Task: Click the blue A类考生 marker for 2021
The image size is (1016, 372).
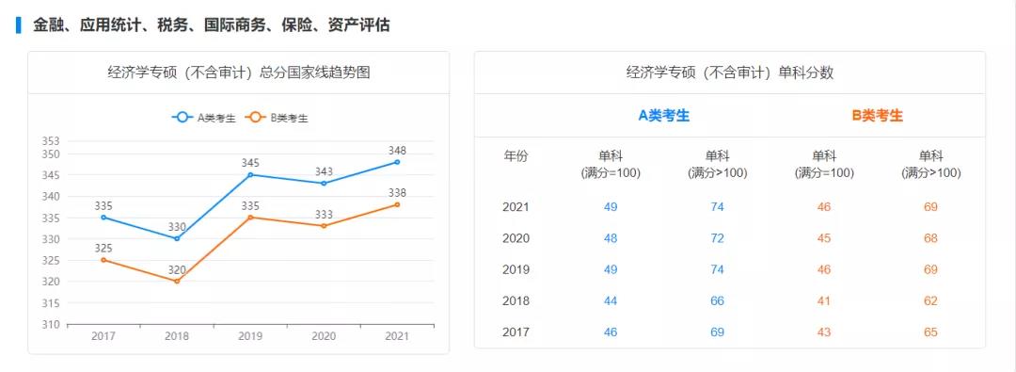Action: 397,162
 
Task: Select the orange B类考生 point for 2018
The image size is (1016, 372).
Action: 177,281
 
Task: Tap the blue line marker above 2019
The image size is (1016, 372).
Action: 250,174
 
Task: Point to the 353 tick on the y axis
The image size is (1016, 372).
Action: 51,141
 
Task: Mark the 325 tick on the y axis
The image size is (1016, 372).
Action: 51,260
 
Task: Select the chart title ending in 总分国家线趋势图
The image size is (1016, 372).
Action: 239,73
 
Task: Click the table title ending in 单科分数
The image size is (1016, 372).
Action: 730,73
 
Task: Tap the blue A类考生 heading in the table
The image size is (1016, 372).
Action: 664,116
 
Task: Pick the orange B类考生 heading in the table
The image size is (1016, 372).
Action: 877,116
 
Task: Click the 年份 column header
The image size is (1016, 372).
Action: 516,156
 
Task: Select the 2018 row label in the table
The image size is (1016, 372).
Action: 516,301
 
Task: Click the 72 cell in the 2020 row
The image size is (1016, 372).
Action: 718,238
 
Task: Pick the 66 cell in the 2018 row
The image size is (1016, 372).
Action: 718,301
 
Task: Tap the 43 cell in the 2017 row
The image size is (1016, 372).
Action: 824,332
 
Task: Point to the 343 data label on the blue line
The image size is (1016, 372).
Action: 324,171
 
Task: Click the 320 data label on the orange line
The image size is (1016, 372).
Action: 177,269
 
